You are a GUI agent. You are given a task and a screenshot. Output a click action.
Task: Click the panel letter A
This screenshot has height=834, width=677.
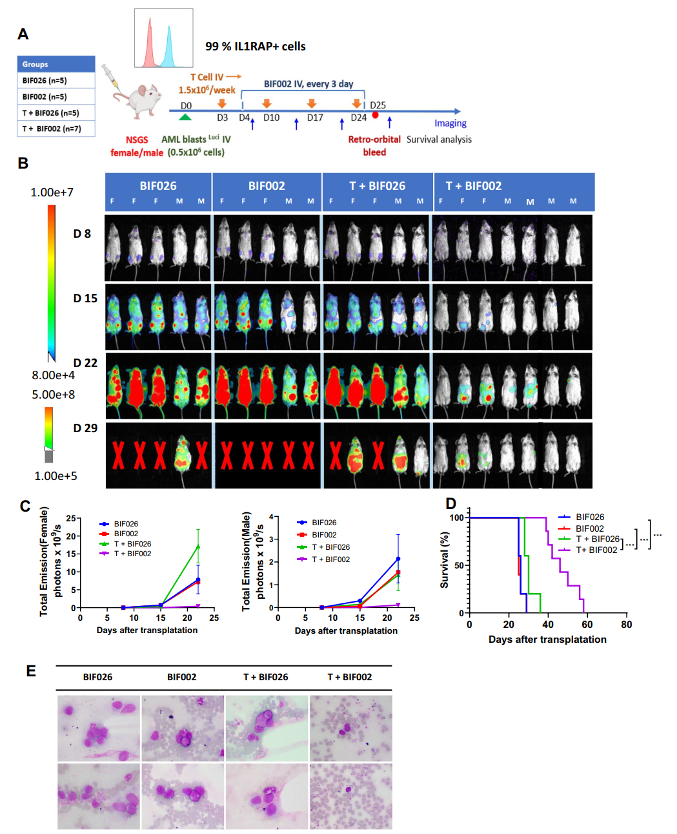click(23, 34)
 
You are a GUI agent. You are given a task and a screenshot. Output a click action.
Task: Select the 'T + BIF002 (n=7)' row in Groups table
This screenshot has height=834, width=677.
click(56, 129)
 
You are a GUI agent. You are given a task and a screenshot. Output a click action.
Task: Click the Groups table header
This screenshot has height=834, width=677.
click(56, 64)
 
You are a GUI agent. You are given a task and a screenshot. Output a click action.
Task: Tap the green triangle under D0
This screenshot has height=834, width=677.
click(186, 116)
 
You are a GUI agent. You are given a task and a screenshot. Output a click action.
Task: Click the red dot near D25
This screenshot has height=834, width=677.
click(375, 115)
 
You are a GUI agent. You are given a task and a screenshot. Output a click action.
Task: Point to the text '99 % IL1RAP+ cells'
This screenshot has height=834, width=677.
click(255, 47)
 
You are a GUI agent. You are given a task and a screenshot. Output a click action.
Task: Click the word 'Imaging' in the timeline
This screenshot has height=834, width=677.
click(450, 123)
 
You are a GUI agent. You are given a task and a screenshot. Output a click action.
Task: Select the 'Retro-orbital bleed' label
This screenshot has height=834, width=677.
click(374, 146)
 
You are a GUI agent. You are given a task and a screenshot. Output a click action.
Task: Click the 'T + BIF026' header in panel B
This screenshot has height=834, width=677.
click(377, 186)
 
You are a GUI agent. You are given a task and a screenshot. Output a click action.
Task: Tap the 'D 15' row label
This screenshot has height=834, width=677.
click(85, 298)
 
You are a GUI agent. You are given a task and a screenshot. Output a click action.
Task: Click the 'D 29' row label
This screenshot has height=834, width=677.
click(85, 428)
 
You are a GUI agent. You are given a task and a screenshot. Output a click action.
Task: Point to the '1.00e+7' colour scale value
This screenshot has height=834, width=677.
click(52, 193)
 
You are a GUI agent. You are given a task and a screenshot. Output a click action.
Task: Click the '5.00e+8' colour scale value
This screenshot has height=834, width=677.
click(53, 395)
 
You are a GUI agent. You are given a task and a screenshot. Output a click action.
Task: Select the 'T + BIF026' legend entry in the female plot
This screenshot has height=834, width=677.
click(132, 544)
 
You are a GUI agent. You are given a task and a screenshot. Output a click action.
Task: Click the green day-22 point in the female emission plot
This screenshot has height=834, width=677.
click(198, 547)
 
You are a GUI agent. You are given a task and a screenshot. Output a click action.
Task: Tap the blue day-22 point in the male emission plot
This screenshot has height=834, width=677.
click(398, 559)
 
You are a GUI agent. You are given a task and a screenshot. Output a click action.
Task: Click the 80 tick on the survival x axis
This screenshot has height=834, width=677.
click(627, 625)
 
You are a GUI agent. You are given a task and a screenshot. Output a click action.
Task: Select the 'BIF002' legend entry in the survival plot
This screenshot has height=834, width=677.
click(589, 528)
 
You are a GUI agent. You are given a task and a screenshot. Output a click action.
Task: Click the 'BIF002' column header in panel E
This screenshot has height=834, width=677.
click(181, 677)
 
